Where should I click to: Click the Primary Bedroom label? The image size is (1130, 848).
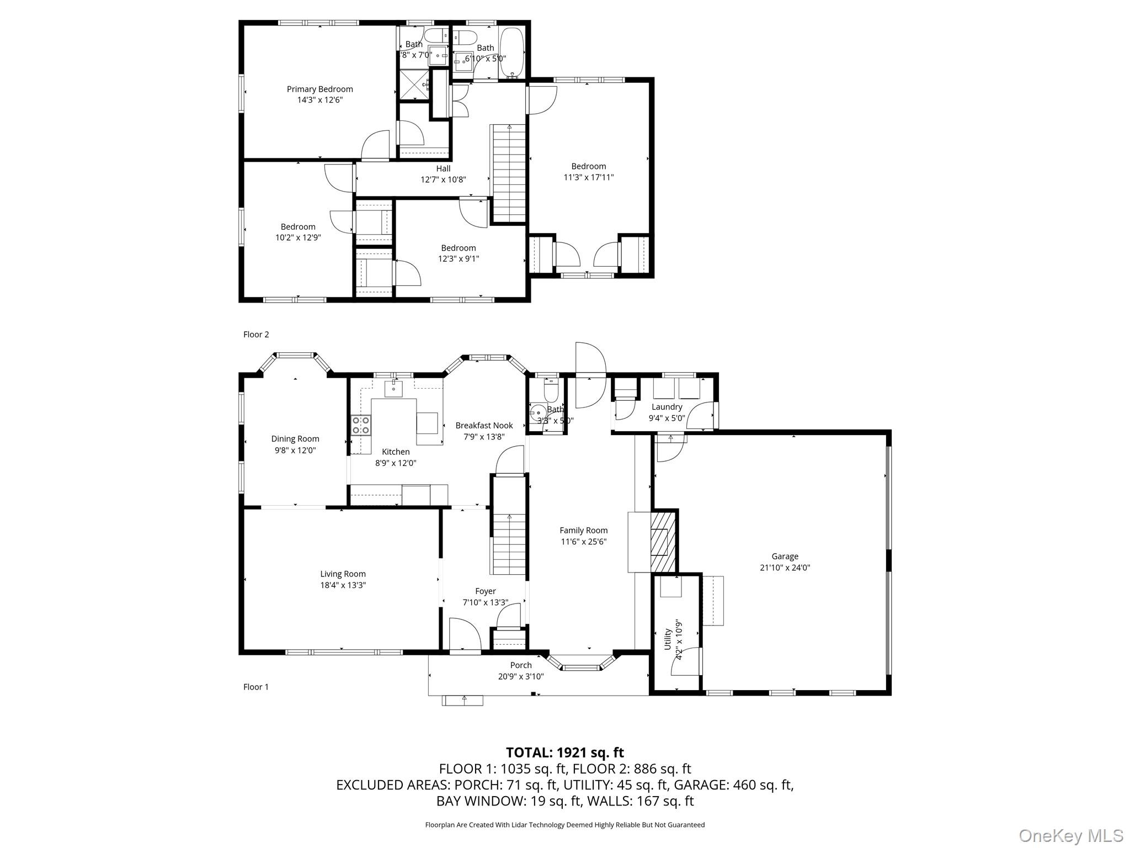[x=319, y=89]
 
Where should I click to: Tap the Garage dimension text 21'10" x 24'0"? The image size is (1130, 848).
[x=785, y=568]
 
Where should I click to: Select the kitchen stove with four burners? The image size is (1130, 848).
[x=361, y=425]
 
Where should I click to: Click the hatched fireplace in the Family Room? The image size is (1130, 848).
[x=663, y=540]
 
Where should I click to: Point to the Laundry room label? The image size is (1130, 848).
[x=667, y=407]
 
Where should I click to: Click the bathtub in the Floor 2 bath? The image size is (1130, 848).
[x=511, y=52]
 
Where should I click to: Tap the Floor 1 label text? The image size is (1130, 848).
[x=256, y=687]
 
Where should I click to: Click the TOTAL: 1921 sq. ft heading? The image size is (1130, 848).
[x=564, y=752]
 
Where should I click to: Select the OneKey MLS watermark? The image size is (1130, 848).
[x=1070, y=835]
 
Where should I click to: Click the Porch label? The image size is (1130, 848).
[x=520, y=665]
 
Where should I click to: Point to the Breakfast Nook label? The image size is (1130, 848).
[x=484, y=425]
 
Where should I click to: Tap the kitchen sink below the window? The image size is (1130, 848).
[x=393, y=389]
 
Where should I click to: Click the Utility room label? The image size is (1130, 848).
[x=668, y=639]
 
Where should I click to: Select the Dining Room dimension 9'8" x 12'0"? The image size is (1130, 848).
[x=295, y=450]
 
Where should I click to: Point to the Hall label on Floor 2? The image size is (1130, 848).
[x=443, y=168]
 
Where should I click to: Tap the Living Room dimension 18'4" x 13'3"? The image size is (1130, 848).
[x=343, y=585]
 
